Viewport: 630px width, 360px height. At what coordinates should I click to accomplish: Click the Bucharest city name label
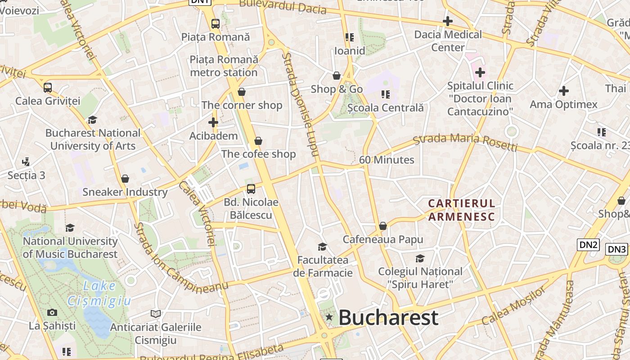(x=388, y=317)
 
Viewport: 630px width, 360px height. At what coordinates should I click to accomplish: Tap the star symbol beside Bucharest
(x=329, y=317)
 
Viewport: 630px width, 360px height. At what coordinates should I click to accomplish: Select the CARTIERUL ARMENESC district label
(x=461, y=210)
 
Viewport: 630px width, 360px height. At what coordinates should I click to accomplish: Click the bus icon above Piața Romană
(x=216, y=24)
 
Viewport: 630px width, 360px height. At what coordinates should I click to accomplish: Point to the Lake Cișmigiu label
(x=99, y=293)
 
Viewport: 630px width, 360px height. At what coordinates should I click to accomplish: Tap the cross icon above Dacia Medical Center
(x=448, y=21)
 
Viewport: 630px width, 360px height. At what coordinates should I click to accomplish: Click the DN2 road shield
(x=588, y=244)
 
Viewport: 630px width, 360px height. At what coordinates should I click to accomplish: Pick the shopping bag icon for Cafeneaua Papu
(x=383, y=226)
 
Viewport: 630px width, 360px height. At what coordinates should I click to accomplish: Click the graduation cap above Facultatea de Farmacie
(x=322, y=247)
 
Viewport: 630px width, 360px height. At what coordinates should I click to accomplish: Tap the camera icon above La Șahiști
(x=52, y=312)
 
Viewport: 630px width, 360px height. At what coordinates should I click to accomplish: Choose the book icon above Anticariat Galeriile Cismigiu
(x=156, y=314)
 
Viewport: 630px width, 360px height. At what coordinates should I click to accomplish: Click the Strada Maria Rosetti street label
(x=465, y=141)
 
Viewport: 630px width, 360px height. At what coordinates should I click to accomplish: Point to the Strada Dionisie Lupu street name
(x=301, y=105)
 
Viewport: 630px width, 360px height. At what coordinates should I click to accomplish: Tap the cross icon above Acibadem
(x=213, y=122)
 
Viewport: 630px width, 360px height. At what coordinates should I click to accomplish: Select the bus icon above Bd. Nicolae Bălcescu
(x=251, y=189)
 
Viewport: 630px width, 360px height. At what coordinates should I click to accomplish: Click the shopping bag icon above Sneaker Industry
(x=125, y=179)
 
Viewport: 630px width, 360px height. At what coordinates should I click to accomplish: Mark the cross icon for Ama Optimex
(x=563, y=91)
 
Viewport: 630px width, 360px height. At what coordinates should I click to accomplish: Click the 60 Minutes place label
(x=387, y=160)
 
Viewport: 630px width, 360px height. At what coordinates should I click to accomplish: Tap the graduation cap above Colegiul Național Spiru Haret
(x=420, y=258)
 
